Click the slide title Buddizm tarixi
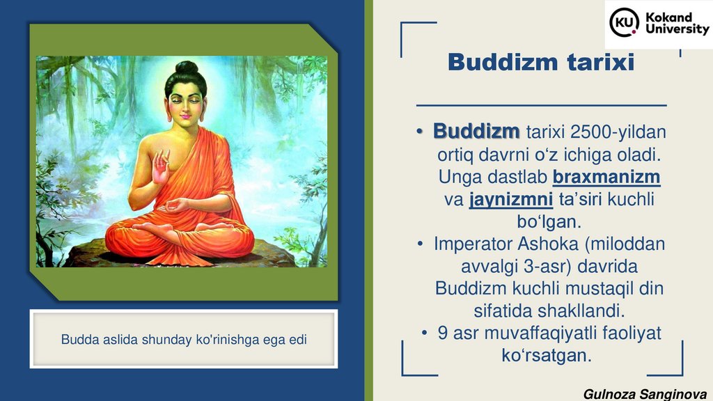pos(540,62)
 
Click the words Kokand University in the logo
pos(677,23)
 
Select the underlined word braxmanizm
pos(606,177)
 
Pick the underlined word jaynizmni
pos(511,199)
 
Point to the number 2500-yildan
pos(618,132)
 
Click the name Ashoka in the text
pos(548,244)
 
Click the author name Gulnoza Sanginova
pos(645,394)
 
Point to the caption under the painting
pos(184,340)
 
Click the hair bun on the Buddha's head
pos(187,68)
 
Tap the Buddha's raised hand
pos(161,167)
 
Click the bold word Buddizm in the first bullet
pos(476,132)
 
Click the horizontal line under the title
pos(542,106)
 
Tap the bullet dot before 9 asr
pos(424,333)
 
